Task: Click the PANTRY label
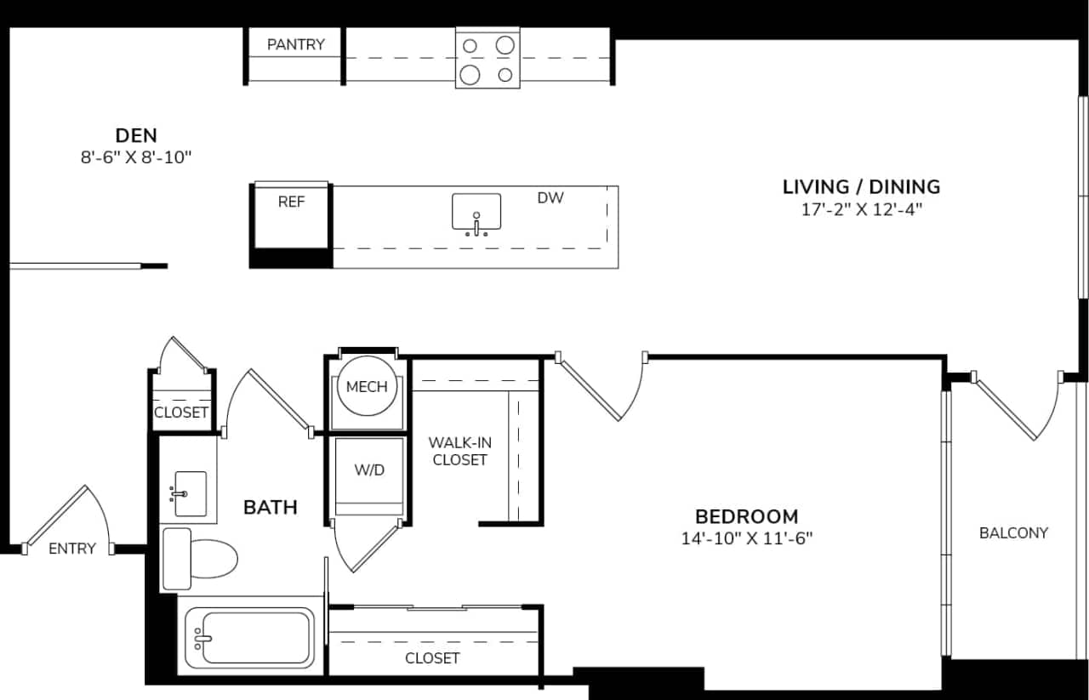pyautogui.click(x=295, y=44)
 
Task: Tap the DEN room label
pyautogui.click(x=136, y=135)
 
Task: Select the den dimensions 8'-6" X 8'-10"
pyautogui.click(x=136, y=157)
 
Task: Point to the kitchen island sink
pyautogui.click(x=476, y=213)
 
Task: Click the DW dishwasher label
pyautogui.click(x=550, y=198)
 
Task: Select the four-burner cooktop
pyautogui.click(x=487, y=57)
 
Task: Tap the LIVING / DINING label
pyautogui.click(x=861, y=186)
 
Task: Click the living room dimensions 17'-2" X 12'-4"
pyautogui.click(x=861, y=210)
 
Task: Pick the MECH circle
pyautogui.click(x=367, y=387)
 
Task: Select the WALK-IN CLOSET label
pyautogui.click(x=459, y=451)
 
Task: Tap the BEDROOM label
pyautogui.click(x=746, y=516)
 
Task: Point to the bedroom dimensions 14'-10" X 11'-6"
pyautogui.click(x=746, y=538)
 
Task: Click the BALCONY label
pyautogui.click(x=1013, y=533)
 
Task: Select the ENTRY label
pyautogui.click(x=72, y=549)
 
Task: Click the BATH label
pyautogui.click(x=271, y=508)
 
